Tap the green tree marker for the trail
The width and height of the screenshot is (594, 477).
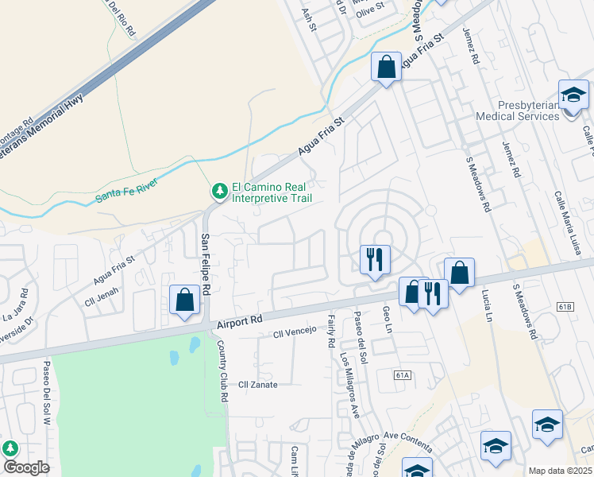218,192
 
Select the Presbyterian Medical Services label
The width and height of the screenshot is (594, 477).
517,111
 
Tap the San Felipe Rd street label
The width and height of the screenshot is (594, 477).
205,265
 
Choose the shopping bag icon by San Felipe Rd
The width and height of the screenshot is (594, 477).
184,301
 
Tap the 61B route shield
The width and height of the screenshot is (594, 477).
565,306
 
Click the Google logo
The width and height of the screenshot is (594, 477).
26,467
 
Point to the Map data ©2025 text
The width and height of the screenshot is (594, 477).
561,471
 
